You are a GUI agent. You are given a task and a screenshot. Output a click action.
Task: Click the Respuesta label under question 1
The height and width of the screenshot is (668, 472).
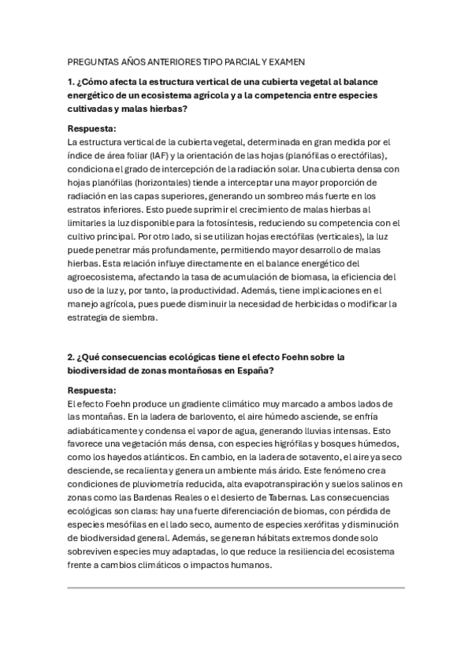[x=92, y=128]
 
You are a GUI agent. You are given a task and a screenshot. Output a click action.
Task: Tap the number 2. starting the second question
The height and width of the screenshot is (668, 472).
[x=72, y=357]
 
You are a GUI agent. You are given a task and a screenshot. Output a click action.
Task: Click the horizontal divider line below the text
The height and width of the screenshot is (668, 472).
[x=236, y=587]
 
